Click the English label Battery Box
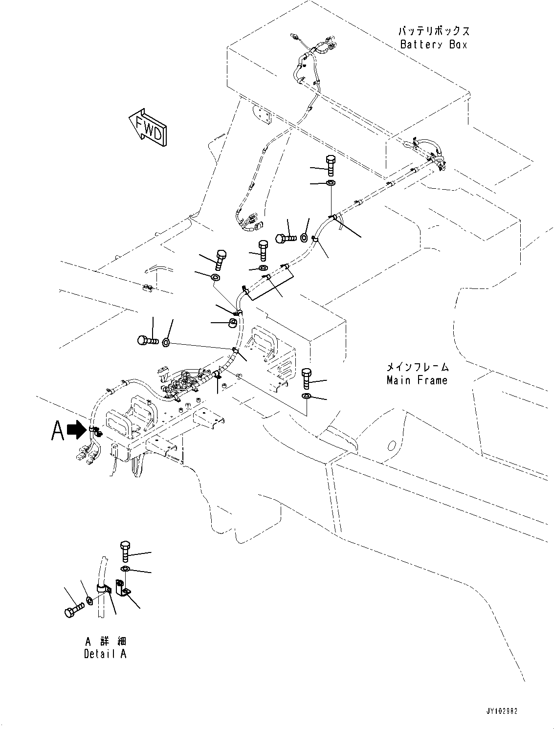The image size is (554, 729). click(434, 44)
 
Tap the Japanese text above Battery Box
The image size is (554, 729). click(434, 31)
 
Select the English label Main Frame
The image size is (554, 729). click(417, 380)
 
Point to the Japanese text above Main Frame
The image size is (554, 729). click(417, 367)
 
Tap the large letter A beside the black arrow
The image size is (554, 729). click(58, 431)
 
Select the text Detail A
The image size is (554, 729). click(105, 654)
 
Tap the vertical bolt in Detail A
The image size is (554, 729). click(125, 551)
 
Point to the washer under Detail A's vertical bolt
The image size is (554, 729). click(125, 569)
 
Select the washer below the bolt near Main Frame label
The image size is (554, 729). click(306, 396)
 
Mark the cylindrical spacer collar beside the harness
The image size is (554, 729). click(234, 323)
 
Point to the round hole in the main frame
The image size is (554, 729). click(391, 446)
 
